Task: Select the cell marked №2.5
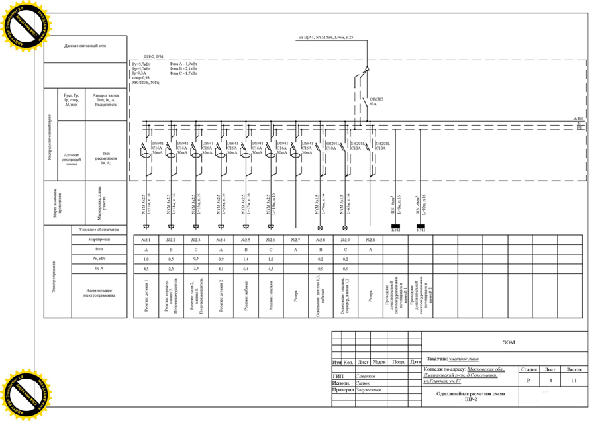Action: [x=245, y=239]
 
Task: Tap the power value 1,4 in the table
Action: [x=245, y=259]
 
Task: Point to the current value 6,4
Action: [x=245, y=269]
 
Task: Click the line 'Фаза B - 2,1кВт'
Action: [x=185, y=68]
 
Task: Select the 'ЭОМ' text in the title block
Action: [x=508, y=342]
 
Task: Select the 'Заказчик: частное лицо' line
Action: [x=454, y=357]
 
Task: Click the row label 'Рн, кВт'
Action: [x=99, y=259]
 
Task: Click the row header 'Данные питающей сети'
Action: [x=85, y=46]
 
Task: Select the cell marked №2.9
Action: [x=345, y=239]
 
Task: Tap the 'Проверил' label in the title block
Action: [x=343, y=390]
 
